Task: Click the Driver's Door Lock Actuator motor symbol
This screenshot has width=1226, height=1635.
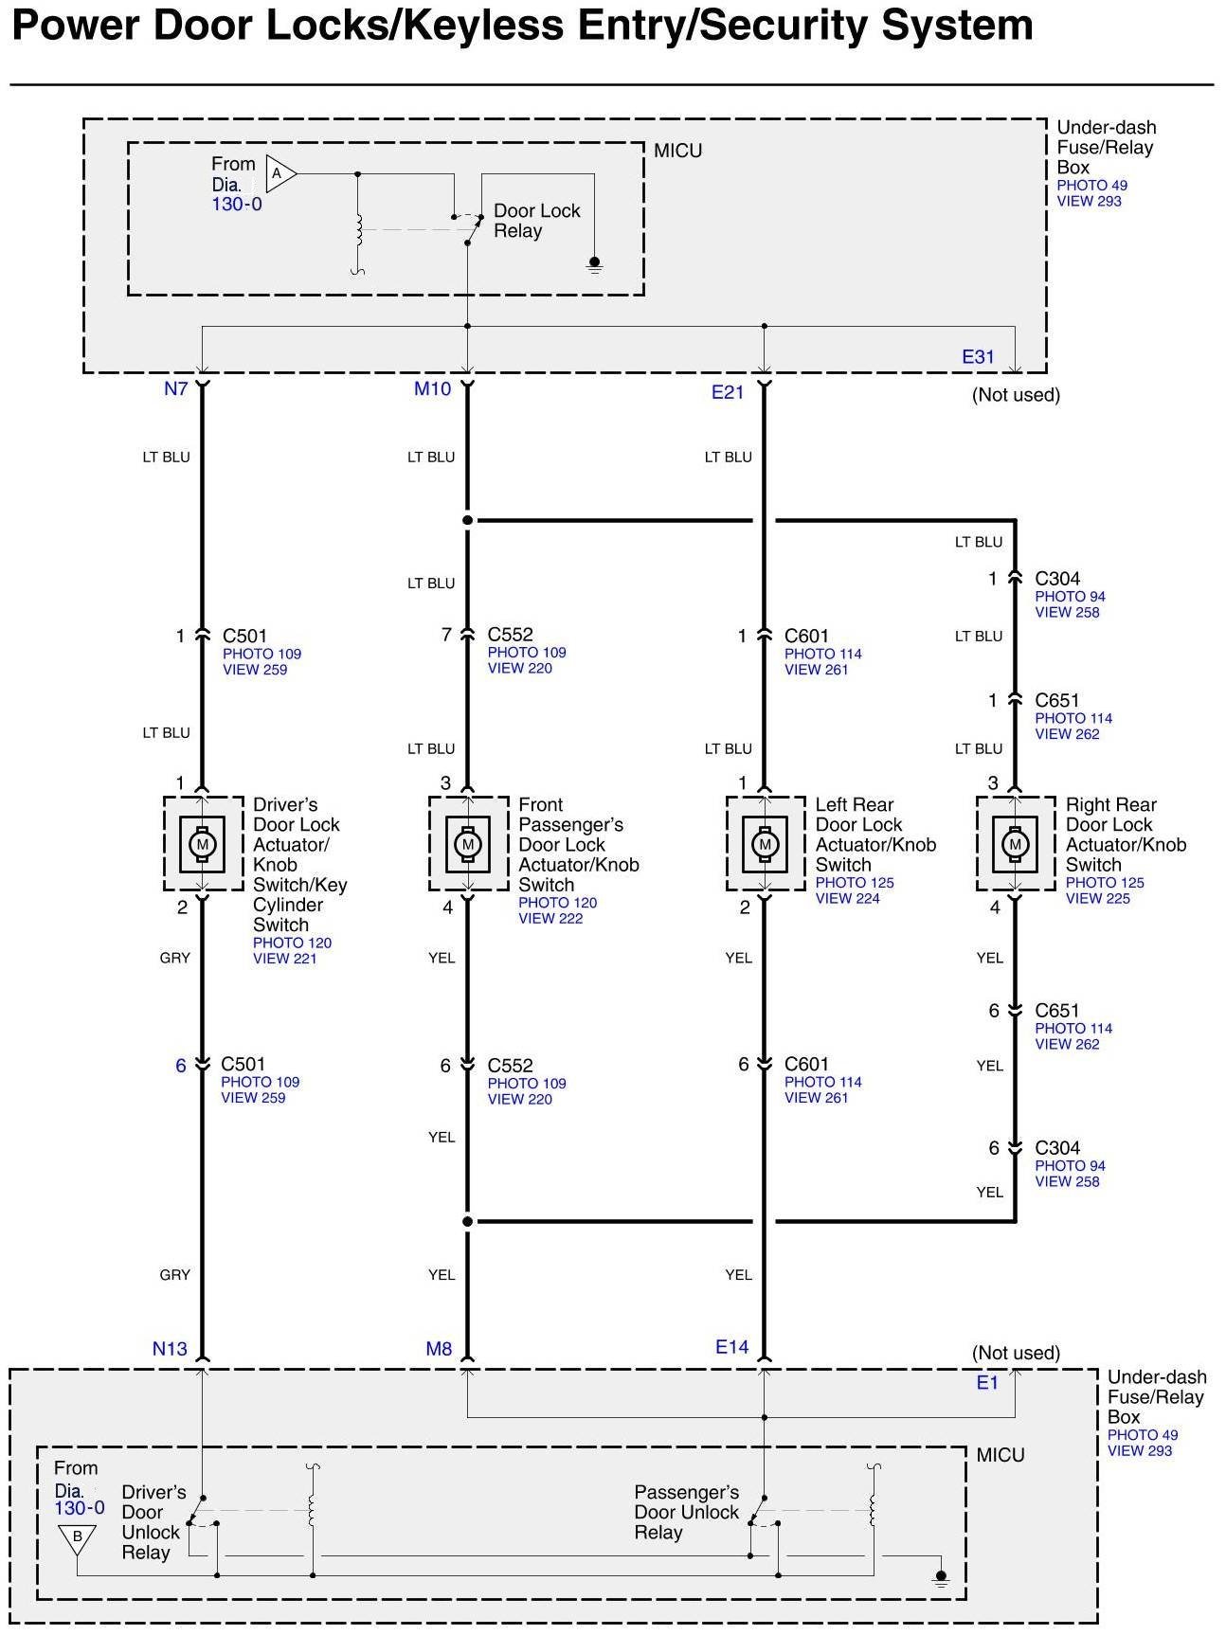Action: coord(202,843)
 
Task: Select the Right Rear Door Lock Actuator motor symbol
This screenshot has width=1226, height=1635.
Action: coord(1015,843)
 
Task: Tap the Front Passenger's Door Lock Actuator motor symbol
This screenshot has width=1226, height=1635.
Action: coord(467,843)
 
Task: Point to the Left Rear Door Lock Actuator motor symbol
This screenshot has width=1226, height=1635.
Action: coord(765,843)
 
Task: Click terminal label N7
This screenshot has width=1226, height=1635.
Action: coord(175,388)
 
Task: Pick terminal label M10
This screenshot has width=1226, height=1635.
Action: coord(432,388)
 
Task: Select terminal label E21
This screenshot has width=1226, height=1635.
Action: coord(728,391)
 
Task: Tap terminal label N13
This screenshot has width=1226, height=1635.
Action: coord(170,1348)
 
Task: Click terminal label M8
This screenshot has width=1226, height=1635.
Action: coord(439,1348)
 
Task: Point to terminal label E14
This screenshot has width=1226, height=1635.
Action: coord(731,1346)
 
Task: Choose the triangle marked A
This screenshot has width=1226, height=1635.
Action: coord(279,173)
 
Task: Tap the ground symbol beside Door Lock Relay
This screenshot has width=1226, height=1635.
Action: coord(595,263)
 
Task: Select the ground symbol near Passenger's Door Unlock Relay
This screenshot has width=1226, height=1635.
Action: coord(941,1578)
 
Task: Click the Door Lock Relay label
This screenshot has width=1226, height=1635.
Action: coord(536,221)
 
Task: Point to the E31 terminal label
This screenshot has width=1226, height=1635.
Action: coord(978,357)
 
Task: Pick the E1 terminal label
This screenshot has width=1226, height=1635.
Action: coord(987,1382)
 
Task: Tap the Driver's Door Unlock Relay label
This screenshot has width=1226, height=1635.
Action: coord(153,1521)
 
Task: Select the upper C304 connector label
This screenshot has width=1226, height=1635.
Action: coord(1057,579)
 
